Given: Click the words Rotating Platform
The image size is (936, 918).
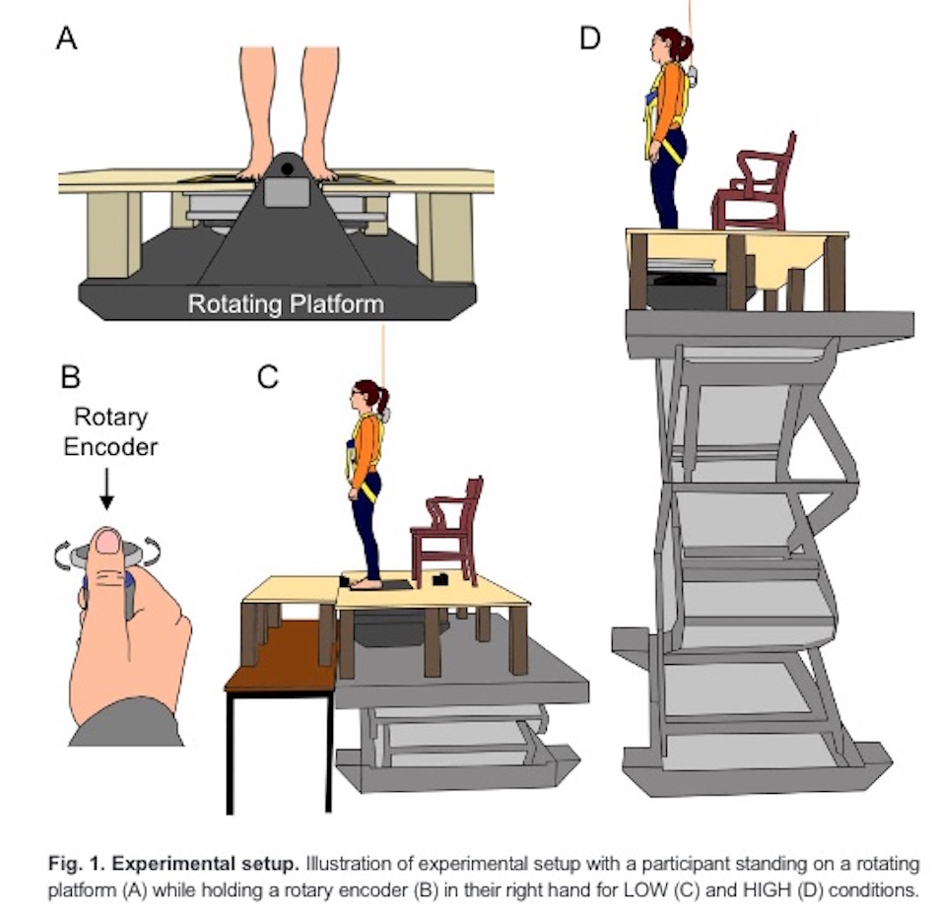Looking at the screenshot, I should [x=286, y=304].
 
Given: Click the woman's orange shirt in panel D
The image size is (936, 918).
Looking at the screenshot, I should [x=670, y=98].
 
